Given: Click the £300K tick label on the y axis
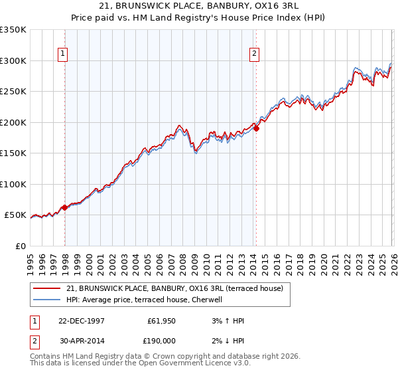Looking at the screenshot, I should pos(13,60).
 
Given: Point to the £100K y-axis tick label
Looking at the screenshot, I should pos(13,184).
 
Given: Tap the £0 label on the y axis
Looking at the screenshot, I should pos(19,246).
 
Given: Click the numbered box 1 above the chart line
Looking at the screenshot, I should pos(62,54).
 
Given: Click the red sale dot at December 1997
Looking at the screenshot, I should pos(65,208).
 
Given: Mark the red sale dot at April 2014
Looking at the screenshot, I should pos(256,129).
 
